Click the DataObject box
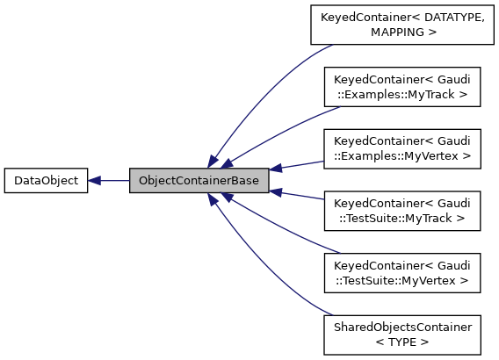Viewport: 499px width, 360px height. click(46, 181)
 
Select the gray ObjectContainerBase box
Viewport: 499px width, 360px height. click(199, 181)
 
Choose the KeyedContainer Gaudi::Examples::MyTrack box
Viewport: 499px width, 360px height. click(402, 86)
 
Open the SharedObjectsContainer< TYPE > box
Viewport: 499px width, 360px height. click(402, 335)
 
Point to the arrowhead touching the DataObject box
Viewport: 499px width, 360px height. click(95, 181)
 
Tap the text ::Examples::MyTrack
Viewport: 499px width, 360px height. click(402, 94)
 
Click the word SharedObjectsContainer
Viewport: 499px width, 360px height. click(402, 327)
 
